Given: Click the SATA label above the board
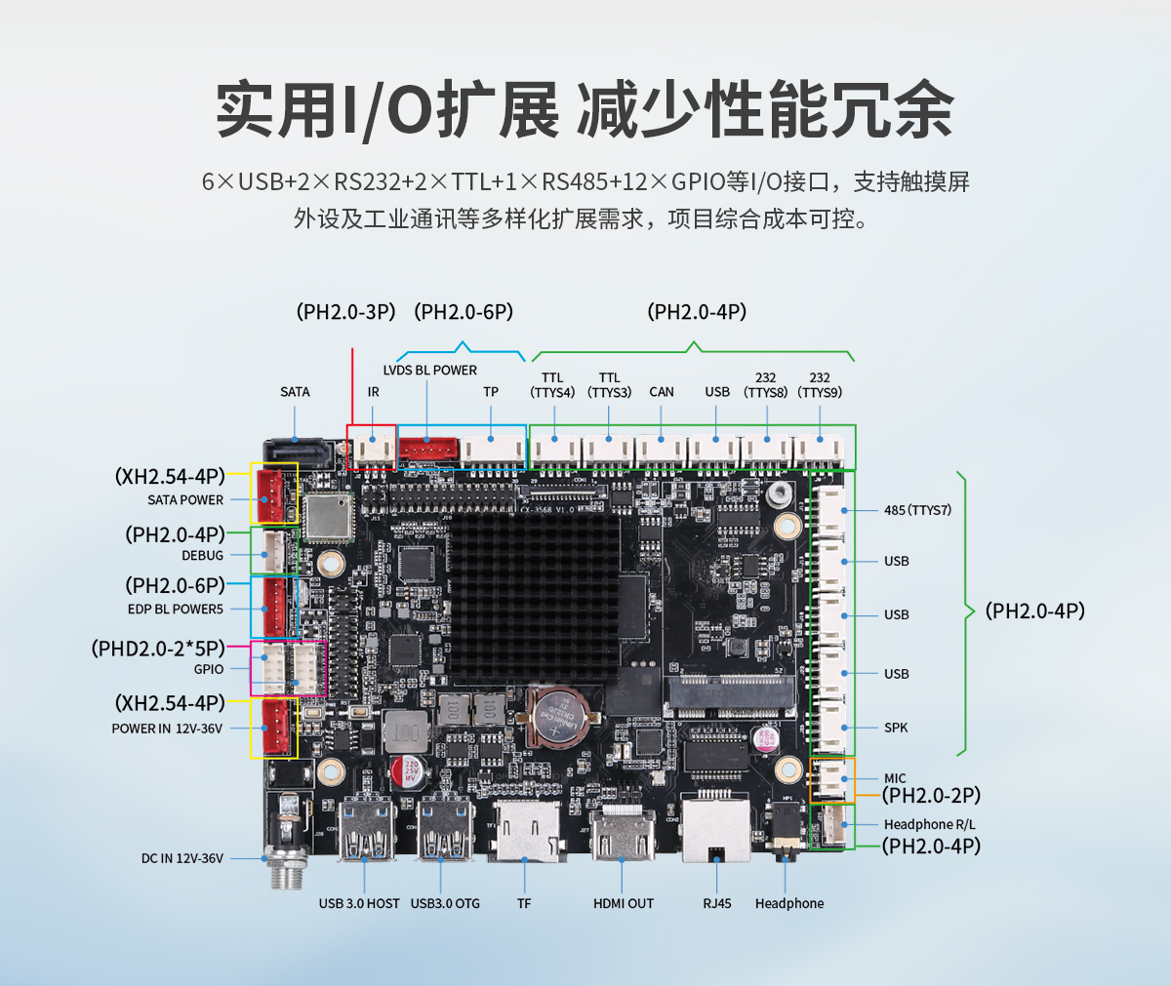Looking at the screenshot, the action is pos(295,392).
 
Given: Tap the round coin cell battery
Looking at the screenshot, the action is pos(558,715).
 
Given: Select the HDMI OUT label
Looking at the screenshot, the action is pos(624,903).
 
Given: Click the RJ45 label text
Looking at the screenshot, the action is pos(716,903).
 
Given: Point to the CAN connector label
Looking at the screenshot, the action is pos(662,392).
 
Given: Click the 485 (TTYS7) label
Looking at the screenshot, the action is pos(917,510).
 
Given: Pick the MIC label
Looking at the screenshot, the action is pos(895,778).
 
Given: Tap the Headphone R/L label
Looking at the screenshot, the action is pos(929,824).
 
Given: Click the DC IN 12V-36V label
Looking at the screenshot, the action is pos(182,858).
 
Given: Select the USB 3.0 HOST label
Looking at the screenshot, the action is pos(359,903).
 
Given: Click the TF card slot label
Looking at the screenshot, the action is pos(524,903).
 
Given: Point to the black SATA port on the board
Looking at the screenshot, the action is pos(299,454).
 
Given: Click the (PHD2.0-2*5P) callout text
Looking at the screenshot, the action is pos(158,648).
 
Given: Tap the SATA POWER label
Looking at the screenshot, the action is pos(185,499).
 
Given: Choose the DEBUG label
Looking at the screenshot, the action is pos(202,555).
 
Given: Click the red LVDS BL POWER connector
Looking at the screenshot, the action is pos(427,449).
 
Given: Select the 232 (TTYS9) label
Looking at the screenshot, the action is pos(820,385).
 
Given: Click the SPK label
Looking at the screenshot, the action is pos(896,727).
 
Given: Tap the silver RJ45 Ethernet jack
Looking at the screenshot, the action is pos(716,828).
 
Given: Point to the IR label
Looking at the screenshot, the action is pos(373,392).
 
